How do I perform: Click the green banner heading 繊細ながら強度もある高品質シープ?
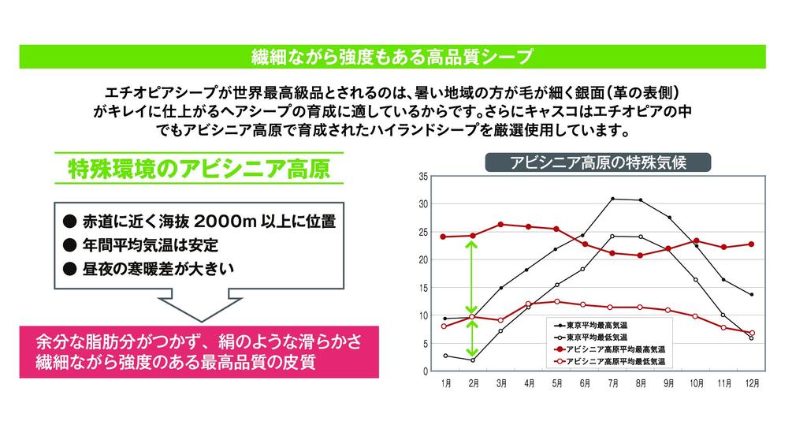tap(403, 57)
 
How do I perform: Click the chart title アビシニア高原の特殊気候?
tap(598, 162)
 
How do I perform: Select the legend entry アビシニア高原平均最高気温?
tap(618, 348)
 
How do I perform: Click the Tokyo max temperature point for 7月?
tap(612, 199)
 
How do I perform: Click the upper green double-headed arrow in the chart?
tap(471, 276)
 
